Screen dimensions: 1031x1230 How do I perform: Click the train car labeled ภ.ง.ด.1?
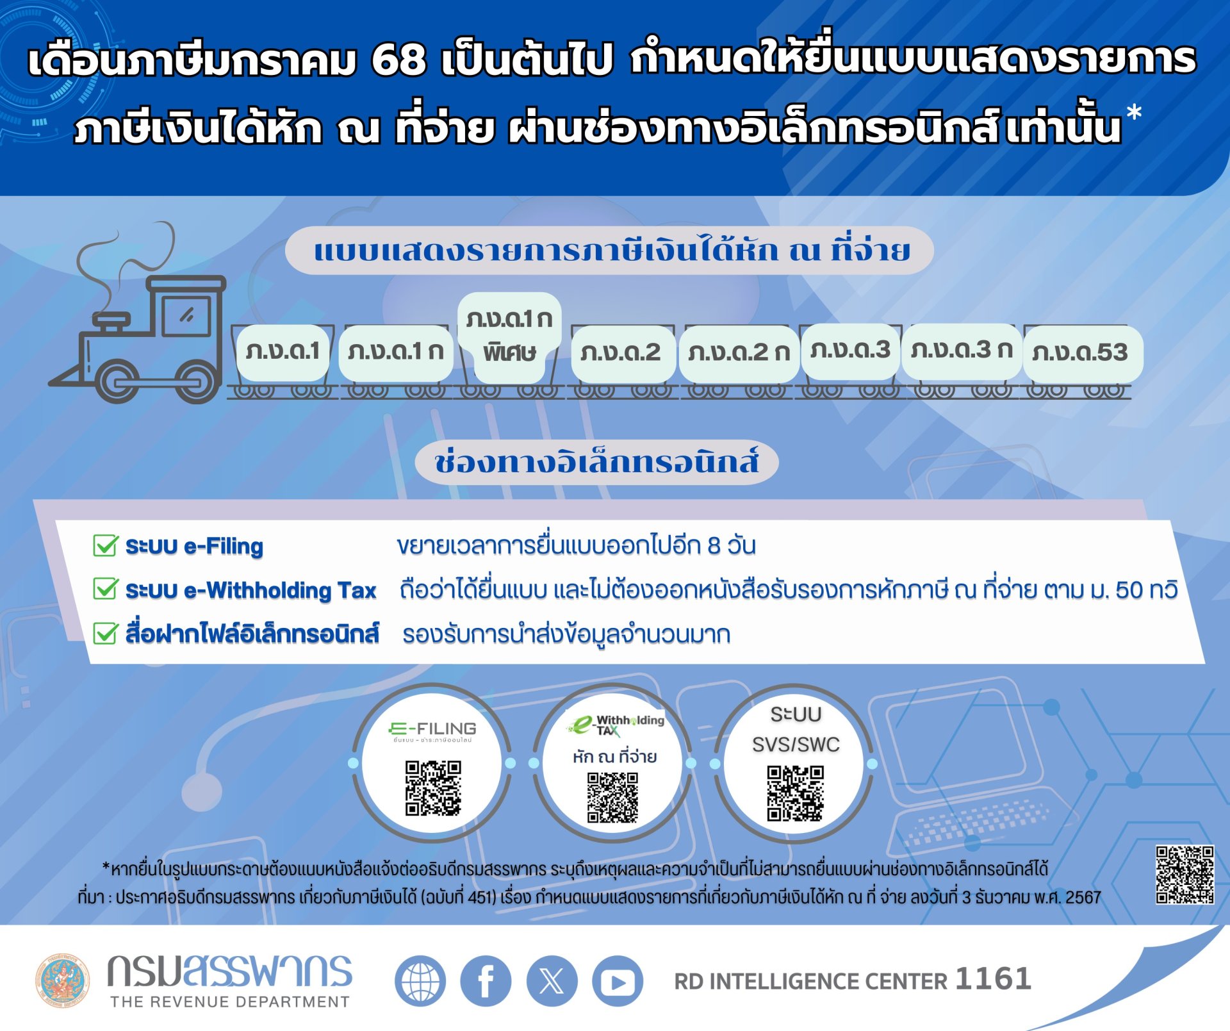[283, 352]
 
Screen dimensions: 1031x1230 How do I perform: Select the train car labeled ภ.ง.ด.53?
[1081, 353]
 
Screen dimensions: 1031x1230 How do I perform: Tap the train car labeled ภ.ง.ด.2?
[621, 353]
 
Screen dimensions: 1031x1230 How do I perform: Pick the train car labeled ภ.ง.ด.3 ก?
[961, 351]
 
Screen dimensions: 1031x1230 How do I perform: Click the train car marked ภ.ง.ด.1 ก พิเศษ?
[509, 337]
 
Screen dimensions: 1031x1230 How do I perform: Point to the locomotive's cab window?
[186, 315]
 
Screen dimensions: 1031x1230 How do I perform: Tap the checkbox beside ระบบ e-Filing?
[105, 546]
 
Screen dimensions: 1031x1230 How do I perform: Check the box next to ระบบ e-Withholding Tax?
[105, 590]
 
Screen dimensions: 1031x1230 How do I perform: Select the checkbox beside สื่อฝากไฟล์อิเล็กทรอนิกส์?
[105, 633]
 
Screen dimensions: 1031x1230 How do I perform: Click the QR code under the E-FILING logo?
[433, 788]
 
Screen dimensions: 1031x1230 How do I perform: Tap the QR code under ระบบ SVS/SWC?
[795, 793]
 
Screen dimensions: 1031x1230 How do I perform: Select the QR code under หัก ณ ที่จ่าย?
[613, 796]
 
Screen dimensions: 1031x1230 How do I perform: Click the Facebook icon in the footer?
[486, 981]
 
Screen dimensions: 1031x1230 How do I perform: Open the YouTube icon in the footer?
[617, 981]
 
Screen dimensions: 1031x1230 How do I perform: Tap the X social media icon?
[552, 981]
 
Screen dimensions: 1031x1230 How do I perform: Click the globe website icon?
[420, 981]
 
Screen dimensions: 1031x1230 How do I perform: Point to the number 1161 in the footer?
[993, 979]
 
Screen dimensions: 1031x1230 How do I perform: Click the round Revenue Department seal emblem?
[62, 980]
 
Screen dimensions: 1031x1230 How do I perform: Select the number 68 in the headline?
[398, 60]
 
